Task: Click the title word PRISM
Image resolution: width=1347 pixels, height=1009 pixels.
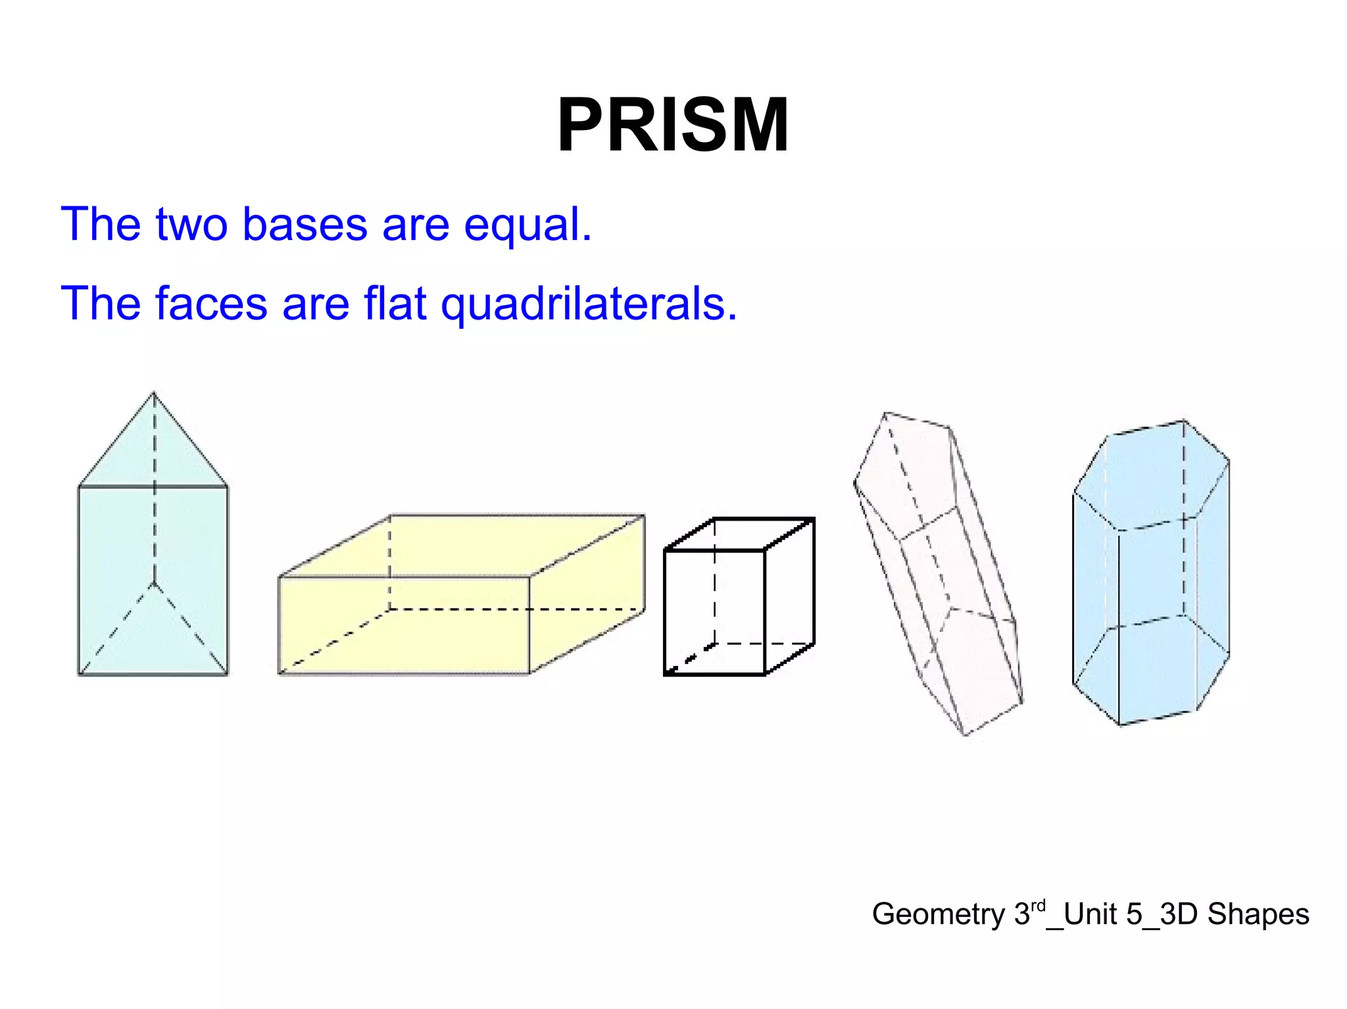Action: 672,125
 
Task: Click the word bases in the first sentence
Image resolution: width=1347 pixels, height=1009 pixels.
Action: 305,224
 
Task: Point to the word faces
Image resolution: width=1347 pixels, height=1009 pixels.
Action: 211,304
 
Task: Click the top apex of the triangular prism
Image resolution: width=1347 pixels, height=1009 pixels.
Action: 153,393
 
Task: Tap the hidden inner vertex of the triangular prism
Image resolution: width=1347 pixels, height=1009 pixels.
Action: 154,583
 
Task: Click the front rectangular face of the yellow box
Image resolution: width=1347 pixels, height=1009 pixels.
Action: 404,625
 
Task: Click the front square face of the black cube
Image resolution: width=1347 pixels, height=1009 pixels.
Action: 714,612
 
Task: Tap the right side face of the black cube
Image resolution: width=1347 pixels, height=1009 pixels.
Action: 790,595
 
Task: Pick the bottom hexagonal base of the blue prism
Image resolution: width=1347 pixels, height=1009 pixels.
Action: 1151,670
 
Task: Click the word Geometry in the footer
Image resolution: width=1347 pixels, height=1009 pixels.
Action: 938,914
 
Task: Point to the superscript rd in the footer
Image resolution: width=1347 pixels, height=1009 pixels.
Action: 1037,906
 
